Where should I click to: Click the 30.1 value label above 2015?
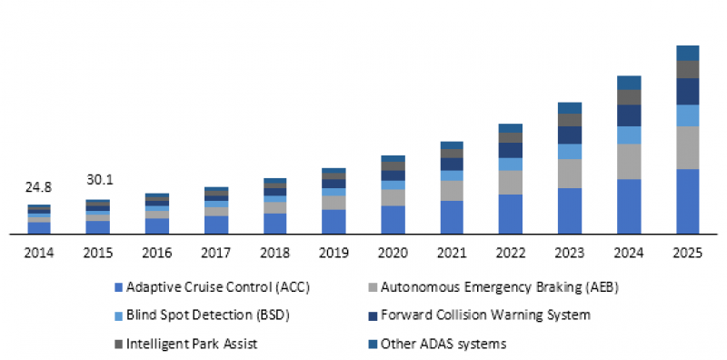(98, 179)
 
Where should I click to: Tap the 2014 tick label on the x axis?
(39, 253)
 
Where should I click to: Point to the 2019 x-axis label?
(334, 253)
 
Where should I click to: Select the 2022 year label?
(511, 253)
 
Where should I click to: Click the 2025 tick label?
(687, 253)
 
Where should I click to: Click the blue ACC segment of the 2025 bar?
(688, 202)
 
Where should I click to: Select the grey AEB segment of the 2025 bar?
(688, 147)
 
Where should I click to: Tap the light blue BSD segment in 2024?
(629, 135)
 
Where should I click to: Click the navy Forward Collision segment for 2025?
(688, 91)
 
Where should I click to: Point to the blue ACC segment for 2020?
(393, 220)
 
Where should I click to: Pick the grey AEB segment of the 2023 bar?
(570, 174)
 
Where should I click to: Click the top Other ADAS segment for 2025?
(688, 53)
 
